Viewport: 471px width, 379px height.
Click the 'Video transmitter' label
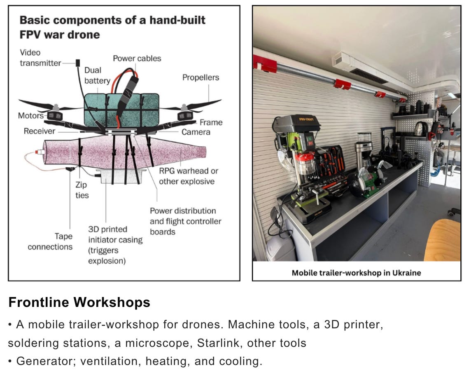click(40, 58)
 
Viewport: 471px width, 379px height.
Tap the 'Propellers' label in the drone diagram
click(201, 77)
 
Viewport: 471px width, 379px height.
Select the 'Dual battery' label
click(97, 75)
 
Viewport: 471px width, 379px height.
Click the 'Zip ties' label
click(82, 190)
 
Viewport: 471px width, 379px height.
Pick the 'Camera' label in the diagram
click(196, 132)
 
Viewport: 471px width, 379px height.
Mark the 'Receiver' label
click(40, 131)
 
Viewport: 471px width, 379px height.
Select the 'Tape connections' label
click(50, 241)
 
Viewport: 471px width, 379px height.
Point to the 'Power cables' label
click(137, 58)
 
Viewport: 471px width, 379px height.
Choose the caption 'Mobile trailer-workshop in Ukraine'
click(356, 273)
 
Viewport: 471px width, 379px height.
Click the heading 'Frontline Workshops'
click(79, 302)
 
